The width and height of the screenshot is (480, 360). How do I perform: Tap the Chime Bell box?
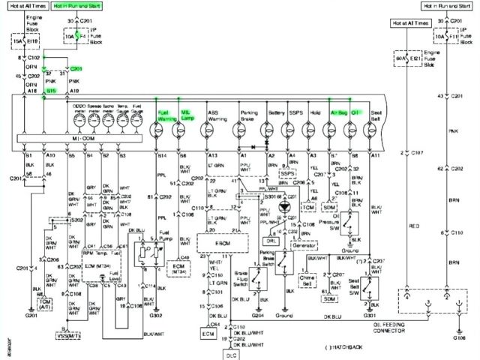coord(307,279)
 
